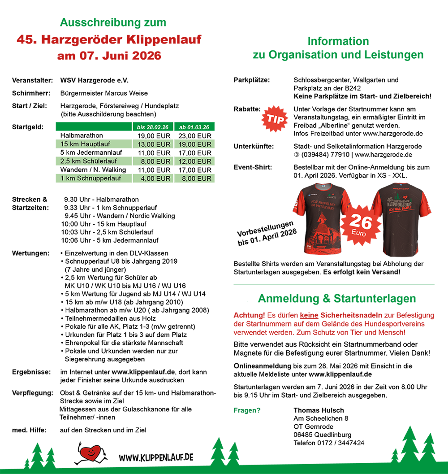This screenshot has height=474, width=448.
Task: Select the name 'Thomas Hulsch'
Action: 319,410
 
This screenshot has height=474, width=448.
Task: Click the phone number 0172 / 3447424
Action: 329,443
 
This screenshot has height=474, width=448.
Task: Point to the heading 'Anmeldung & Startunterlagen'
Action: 337,299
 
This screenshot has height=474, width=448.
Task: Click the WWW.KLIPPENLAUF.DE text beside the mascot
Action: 156,457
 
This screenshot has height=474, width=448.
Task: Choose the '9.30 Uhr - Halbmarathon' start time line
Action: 101,200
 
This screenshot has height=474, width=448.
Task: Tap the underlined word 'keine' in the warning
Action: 308,315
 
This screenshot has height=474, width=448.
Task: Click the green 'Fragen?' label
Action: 247,410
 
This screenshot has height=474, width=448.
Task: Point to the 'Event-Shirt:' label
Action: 253,167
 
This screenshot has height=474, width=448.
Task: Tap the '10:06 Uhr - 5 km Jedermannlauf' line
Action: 109,240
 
